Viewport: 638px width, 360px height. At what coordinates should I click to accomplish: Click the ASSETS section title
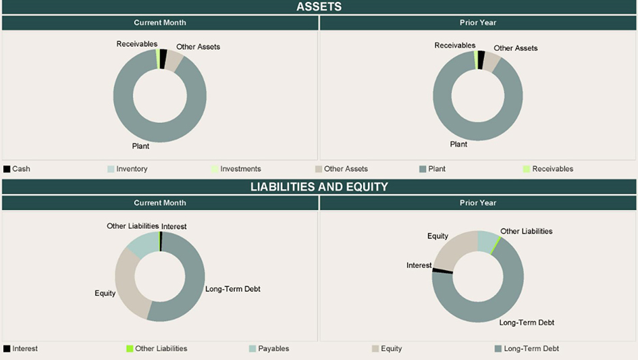[x=319, y=7]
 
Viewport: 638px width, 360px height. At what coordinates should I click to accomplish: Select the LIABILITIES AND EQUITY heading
[x=319, y=186]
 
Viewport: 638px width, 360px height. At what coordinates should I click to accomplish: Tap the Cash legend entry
[x=21, y=169]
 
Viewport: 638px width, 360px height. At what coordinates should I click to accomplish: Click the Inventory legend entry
[x=132, y=169]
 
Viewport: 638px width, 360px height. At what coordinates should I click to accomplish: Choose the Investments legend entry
[x=240, y=169]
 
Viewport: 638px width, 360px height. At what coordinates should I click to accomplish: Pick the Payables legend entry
[x=273, y=349]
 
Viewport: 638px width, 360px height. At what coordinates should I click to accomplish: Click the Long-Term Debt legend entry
[x=531, y=349]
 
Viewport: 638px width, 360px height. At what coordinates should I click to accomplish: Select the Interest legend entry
[x=25, y=349]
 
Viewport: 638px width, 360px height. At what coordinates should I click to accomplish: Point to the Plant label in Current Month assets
[x=140, y=146]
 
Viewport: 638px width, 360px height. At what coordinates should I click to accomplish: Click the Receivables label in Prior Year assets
[x=454, y=45]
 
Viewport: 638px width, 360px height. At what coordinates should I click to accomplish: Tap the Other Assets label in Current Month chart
[x=198, y=47]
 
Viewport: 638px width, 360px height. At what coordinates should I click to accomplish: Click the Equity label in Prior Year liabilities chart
[x=437, y=236]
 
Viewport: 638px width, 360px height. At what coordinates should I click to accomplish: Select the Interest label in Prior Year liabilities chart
[x=419, y=265]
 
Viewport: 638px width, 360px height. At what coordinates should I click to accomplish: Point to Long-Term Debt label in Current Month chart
[x=232, y=289]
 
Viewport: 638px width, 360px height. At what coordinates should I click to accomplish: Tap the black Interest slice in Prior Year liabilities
[x=442, y=271]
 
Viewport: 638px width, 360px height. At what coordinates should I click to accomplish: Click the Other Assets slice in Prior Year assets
[x=492, y=63]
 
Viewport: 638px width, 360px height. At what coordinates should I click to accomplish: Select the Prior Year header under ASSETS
[x=478, y=22]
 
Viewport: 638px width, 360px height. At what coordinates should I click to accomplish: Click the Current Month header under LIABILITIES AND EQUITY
[x=160, y=203]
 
